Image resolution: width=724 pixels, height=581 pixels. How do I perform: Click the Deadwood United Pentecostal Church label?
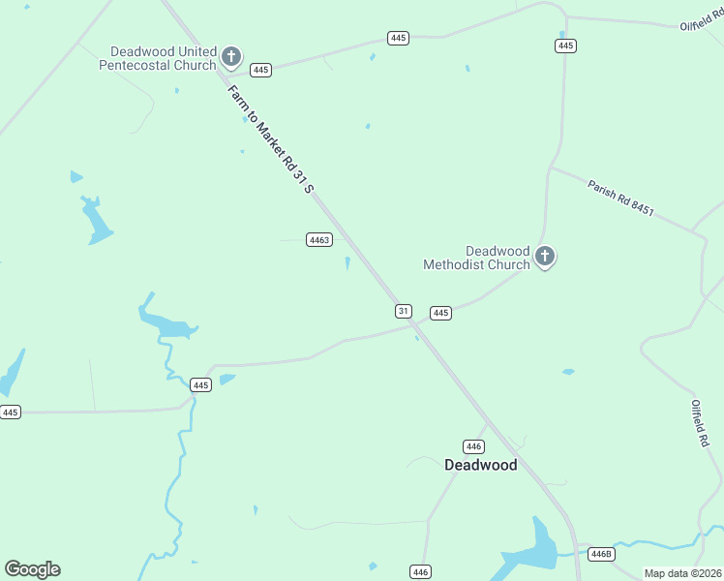point(162,58)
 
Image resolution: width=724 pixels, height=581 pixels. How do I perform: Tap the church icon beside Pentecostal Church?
point(231,56)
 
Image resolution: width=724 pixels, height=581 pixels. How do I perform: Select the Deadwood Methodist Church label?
point(477,258)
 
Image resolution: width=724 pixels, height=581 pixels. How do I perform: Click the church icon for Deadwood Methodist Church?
point(545,257)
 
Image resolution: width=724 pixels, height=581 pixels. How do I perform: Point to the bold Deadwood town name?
point(480,465)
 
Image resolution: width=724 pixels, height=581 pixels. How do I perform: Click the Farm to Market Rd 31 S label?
point(270,138)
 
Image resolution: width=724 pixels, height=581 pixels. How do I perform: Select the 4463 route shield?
point(319,239)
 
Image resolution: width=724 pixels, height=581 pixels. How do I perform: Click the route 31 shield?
point(404,311)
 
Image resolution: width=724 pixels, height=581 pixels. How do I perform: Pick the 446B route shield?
point(601,554)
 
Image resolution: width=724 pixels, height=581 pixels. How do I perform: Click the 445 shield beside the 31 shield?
point(440,313)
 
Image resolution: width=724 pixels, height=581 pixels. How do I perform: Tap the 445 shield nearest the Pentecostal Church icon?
point(260,70)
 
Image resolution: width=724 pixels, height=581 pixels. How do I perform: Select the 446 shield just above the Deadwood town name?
point(473,446)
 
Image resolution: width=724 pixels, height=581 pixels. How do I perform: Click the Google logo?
point(32,569)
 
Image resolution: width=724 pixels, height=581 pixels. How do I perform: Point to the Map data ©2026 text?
point(682,573)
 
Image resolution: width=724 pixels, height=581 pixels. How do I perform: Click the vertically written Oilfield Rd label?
point(699,422)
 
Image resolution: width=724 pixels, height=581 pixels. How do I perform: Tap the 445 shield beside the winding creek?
point(200,384)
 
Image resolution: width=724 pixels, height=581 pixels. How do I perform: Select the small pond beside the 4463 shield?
point(347,263)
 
